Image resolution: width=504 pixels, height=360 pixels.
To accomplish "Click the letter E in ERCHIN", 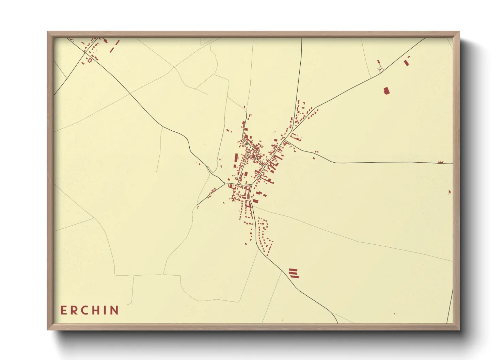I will (63, 310).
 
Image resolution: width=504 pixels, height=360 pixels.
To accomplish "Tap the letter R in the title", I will (74, 310).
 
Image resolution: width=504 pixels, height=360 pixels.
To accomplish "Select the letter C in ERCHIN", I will (85, 310).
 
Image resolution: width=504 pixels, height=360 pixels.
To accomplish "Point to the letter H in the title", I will (96, 310).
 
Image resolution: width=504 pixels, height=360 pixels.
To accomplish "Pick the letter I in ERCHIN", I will (105, 310).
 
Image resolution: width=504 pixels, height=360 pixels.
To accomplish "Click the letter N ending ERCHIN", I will (114, 310).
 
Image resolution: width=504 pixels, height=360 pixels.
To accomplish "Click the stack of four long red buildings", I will (294, 273).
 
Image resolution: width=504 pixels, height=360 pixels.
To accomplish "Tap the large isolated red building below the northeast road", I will (386, 91).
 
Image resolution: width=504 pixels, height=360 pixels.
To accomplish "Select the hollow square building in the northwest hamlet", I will (90, 60).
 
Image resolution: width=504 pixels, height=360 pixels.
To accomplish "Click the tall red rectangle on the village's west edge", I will (236, 159).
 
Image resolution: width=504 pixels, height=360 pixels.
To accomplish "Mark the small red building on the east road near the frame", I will (441, 162).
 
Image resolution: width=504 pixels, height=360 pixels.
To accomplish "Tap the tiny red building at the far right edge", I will (450, 192).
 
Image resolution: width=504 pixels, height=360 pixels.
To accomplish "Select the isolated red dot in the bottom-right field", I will (394, 314).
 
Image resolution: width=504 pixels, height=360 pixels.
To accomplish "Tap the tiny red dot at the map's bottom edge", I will (282, 320).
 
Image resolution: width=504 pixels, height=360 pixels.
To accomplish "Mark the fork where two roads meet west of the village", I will (224, 183).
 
